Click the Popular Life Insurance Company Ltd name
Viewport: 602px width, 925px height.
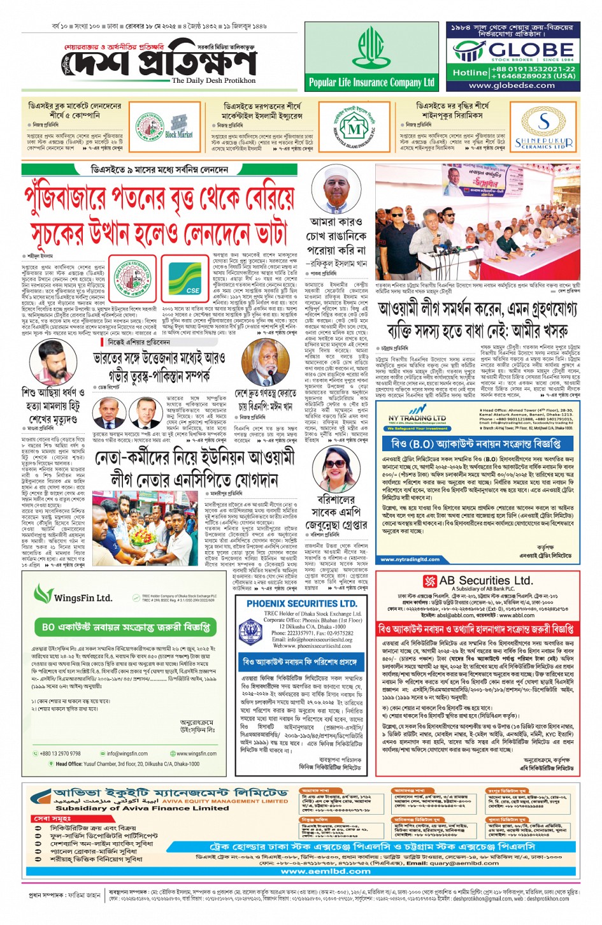point(371,82)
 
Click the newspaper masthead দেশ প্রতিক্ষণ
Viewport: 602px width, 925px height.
point(162,61)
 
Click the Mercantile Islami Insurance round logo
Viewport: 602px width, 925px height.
point(354,130)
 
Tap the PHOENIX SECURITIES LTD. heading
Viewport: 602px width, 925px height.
point(301,603)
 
